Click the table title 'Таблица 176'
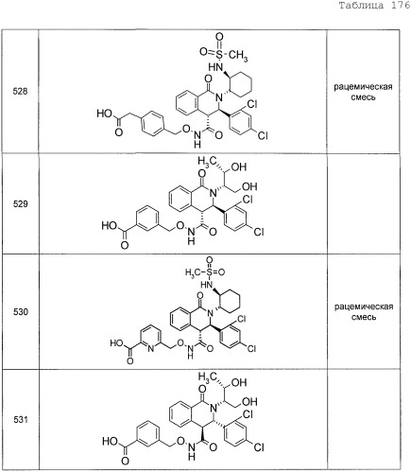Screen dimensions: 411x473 (374, 6)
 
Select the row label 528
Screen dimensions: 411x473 (20, 92)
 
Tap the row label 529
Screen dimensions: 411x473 (20, 204)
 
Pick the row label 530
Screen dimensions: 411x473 (21, 312)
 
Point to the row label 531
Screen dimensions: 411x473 (21, 420)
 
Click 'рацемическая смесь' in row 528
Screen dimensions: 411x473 (363, 92)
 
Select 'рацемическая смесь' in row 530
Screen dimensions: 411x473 (364, 312)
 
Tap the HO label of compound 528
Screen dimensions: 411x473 (105, 114)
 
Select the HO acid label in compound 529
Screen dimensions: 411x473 (109, 226)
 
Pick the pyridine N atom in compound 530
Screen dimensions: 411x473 (150, 349)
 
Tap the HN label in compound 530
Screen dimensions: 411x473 (206, 285)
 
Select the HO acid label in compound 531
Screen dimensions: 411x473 (110, 441)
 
